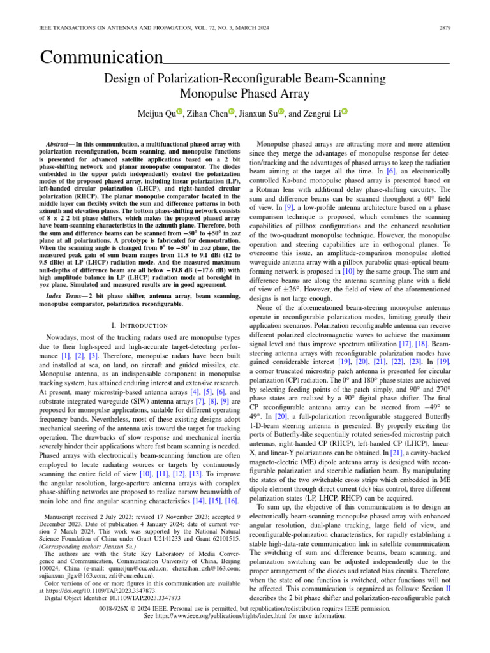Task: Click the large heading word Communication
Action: click(x=101, y=58)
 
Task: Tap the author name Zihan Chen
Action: click(x=205, y=114)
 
